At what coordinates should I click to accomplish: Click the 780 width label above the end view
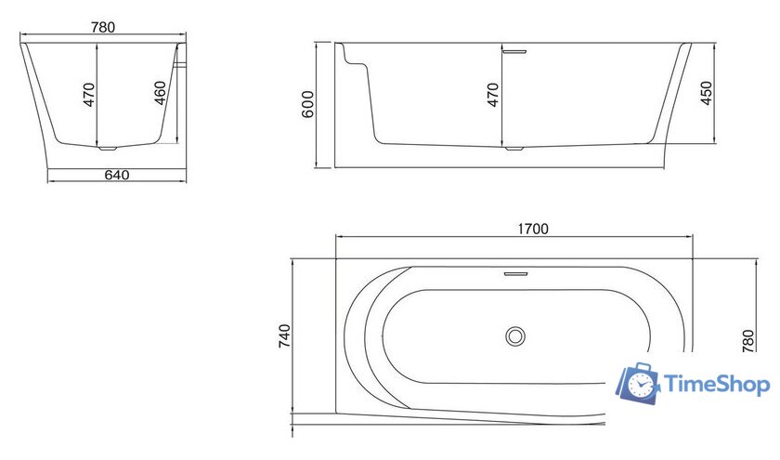pyautogui.click(x=103, y=28)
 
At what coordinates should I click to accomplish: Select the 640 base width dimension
pyautogui.click(x=116, y=174)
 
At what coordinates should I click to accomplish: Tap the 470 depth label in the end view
pyautogui.click(x=90, y=95)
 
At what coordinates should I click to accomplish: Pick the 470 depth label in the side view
pyautogui.click(x=493, y=95)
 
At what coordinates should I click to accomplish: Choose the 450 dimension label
pyautogui.click(x=707, y=93)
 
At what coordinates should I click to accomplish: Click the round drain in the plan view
pyautogui.click(x=515, y=336)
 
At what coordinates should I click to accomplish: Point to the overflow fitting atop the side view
pyautogui.click(x=513, y=49)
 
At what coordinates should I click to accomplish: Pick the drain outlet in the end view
pyautogui.click(x=107, y=146)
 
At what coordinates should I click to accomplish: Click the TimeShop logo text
pyautogui.click(x=715, y=384)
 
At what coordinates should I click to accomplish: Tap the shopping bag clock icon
pyautogui.click(x=639, y=382)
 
